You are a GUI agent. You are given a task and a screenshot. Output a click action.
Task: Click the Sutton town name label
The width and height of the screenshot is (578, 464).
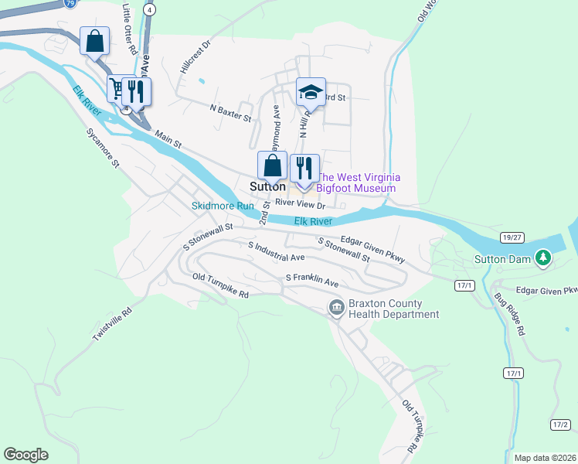pyautogui.click(x=268, y=187)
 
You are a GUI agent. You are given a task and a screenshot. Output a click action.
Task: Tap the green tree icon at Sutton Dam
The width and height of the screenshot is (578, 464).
pyautogui.click(x=543, y=257)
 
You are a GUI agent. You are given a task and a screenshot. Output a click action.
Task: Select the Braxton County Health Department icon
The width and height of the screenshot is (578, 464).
pyautogui.click(x=337, y=308)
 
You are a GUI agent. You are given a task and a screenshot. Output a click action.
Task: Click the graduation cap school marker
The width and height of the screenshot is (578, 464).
pyautogui.click(x=311, y=92)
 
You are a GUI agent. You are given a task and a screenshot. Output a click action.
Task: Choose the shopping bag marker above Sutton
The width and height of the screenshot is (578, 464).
pyautogui.click(x=272, y=165)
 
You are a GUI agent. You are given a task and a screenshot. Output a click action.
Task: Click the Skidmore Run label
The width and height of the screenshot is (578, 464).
pyautogui.click(x=223, y=206)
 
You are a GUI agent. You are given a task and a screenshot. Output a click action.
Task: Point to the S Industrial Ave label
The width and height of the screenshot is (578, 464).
pyautogui.click(x=276, y=251)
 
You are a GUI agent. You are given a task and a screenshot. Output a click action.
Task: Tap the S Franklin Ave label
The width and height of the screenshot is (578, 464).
pyautogui.click(x=312, y=279)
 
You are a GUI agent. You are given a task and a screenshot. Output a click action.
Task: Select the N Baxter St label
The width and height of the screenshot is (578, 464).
pyautogui.click(x=231, y=113)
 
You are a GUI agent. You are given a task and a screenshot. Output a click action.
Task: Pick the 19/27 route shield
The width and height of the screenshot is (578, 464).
pyautogui.click(x=510, y=237)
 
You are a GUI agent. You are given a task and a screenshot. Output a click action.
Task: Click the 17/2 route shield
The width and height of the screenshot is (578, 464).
pyautogui.click(x=561, y=425)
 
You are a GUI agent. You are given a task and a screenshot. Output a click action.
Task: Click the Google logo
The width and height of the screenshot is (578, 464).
pyautogui.click(x=26, y=455)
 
